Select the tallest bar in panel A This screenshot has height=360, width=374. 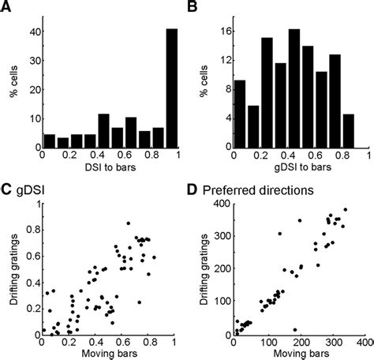(x=171, y=88)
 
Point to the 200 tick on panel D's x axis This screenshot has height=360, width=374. (x=298, y=344)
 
